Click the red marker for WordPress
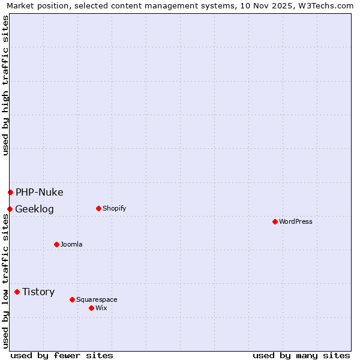275,221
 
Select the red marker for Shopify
98,208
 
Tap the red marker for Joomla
56,244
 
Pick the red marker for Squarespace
72,299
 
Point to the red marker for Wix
91,308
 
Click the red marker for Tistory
17,292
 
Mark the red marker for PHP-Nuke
10,192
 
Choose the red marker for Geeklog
10,209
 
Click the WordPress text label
296,221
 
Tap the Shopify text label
114,208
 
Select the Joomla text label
71,244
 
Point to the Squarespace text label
97,299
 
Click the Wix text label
101,308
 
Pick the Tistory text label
38,292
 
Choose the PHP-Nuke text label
40,192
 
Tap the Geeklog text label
34,209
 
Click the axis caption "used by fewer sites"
62,355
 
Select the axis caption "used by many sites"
301,355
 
